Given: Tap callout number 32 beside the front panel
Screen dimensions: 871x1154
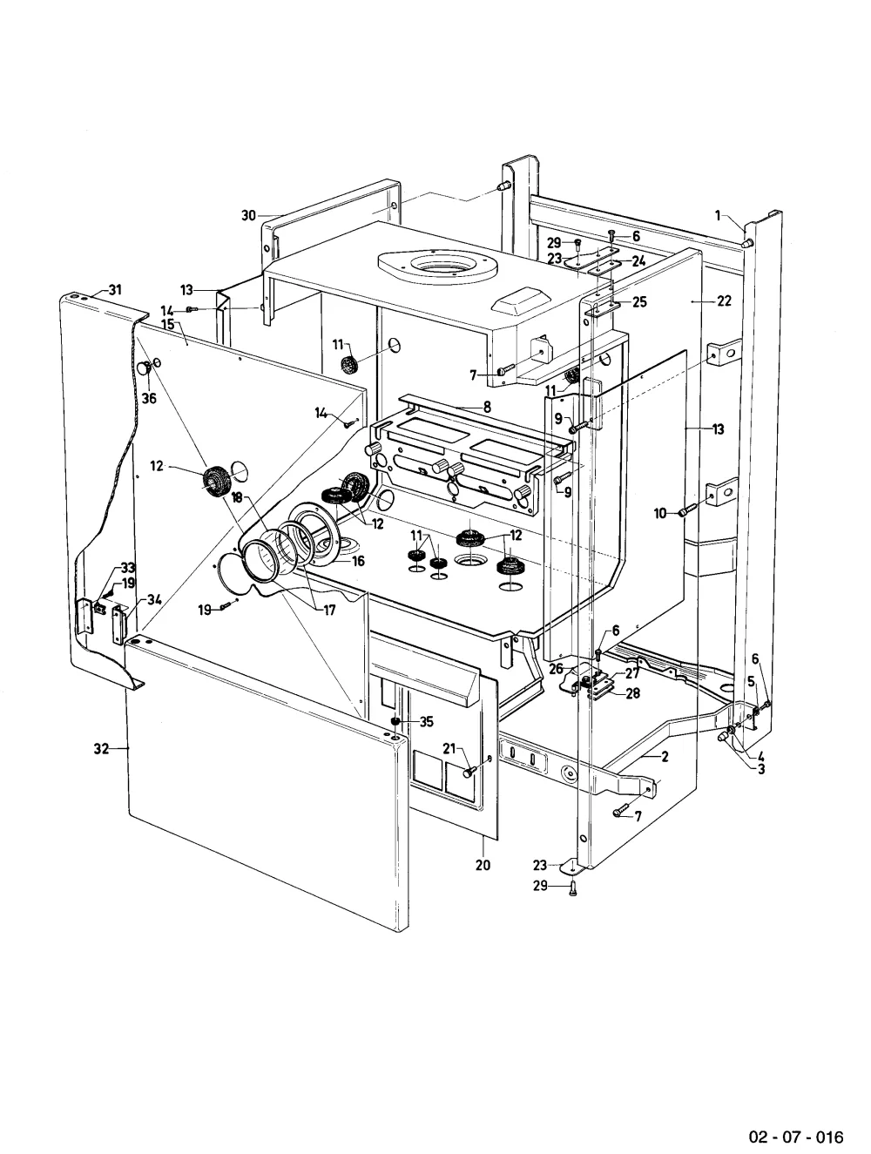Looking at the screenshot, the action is [x=101, y=748].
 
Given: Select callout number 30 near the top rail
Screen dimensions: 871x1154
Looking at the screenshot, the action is [x=248, y=215].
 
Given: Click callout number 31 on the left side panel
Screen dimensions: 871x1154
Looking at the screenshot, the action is [x=115, y=289].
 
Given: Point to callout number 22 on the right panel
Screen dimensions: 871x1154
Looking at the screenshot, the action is [x=724, y=300].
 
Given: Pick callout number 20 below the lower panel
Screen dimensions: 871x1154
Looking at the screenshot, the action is [x=483, y=864].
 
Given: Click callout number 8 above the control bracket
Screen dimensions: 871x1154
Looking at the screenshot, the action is [x=487, y=406].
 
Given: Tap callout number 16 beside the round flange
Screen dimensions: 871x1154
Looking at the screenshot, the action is [x=358, y=561].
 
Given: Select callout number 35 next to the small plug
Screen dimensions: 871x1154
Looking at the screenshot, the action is [x=426, y=722].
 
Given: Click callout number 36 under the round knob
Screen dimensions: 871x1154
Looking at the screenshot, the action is [x=149, y=398].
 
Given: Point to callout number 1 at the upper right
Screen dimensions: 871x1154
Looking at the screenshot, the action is [x=718, y=215].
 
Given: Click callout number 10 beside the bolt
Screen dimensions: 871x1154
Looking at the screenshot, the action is [x=660, y=513].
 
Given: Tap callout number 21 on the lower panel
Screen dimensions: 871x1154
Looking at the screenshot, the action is [x=449, y=748].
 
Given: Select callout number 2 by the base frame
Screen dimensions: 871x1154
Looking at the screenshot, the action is [x=665, y=756].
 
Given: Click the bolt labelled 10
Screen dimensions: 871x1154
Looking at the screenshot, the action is [x=688, y=509].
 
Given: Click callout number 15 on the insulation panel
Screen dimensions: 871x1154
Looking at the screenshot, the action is [x=168, y=323].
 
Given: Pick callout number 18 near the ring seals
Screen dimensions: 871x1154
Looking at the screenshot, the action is [x=237, y=496].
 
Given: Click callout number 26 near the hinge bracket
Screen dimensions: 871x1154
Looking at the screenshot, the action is [x=556, y=669].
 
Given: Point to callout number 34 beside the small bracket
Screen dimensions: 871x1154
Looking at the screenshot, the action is [x=154, y=599].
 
